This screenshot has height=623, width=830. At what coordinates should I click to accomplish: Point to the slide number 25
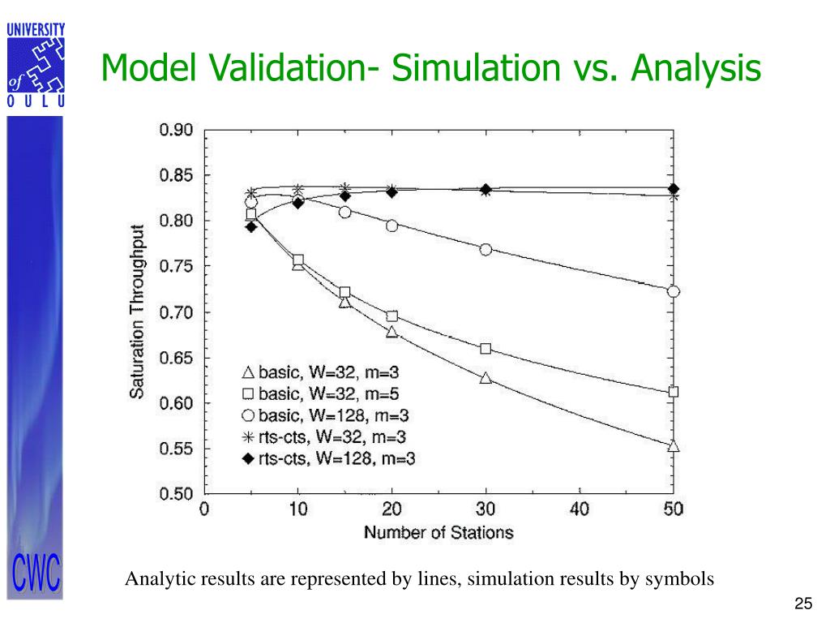click(x=803, y=604)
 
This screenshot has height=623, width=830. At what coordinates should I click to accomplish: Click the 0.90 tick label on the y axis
click(x=176, y=130)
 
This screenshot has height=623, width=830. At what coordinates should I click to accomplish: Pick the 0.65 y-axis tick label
click(x=176, y=358)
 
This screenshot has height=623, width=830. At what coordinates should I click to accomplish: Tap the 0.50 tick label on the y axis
click(x=176, y=494)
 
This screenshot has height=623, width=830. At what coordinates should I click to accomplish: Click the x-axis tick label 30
click(x=486, y=509)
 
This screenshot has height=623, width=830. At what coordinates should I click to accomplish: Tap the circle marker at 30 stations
click(x=486, y=249)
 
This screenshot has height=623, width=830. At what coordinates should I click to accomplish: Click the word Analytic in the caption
click(x=155, y=579)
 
